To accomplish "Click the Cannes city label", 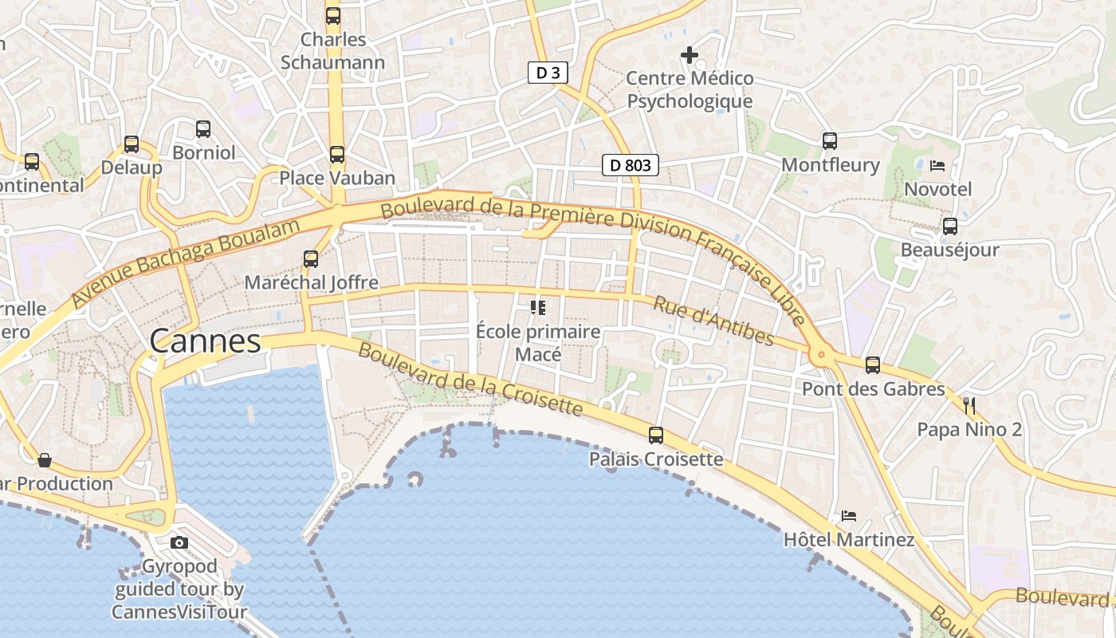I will click(205, 341).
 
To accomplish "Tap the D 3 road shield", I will click(548, 73).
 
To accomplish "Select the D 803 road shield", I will click(630, 165).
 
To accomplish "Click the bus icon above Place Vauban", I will click(337, 154).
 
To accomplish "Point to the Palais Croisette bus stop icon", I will click(656, 435).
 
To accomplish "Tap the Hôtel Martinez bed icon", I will click(849, 516).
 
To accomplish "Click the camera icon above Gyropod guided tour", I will click(179, 542).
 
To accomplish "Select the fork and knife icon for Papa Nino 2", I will click(969, 405).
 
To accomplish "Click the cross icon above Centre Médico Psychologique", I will click(690, 55).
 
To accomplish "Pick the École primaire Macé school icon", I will click(538, 307).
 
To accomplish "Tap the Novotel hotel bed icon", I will click(937, 166).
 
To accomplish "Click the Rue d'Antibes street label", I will click(713, 321).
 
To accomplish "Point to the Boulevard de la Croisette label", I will click(470, 379).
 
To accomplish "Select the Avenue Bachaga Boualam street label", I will click(186, 262).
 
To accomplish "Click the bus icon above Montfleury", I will click(830, 141).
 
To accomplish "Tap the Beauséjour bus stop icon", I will click(949, 226).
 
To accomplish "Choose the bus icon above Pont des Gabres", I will click(873, 365).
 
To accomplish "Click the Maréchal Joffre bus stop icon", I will click(311, 258).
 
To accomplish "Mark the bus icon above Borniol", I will click(203, 128).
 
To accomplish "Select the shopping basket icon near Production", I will click(45, 460).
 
